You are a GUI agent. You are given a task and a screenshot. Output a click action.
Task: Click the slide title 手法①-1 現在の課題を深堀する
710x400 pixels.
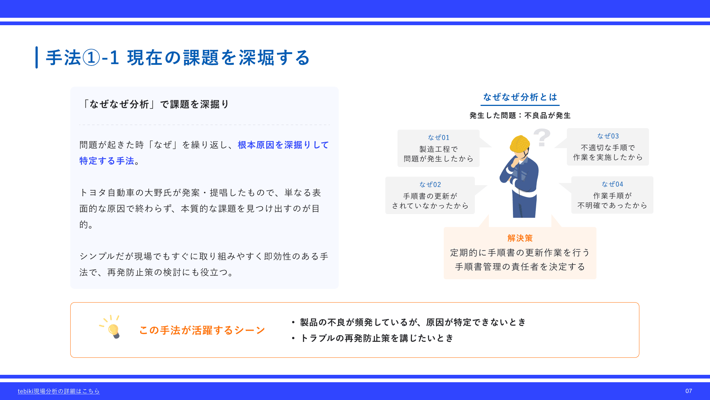point(178,58)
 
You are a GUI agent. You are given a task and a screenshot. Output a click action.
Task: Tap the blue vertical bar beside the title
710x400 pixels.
point(37,57)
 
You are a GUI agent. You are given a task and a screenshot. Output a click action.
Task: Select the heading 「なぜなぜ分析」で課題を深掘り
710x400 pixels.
point(155,104)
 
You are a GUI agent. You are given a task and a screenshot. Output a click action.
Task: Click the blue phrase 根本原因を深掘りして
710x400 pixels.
point(283,145)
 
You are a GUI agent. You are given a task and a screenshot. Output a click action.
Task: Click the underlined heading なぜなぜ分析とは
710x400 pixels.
point(520,97)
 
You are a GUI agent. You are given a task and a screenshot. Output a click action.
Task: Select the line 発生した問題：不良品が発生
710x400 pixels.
point(520,116)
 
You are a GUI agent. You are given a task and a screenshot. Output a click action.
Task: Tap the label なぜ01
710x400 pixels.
point(439,137)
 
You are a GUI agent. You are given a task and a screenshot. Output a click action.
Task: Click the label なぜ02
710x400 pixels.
point(430,184)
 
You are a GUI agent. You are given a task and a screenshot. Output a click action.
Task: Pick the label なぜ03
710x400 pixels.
point(608,136)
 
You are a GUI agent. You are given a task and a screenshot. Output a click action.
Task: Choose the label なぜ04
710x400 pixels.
point(612,184)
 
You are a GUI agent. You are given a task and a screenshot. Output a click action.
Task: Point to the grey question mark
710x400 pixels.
point(542,137)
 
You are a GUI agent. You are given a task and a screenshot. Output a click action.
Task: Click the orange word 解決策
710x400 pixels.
point(520,238)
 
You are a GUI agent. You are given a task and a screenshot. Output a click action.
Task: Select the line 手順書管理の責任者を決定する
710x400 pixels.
point(520,267)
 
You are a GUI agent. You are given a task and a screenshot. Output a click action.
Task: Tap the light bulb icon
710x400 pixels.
point(111,327)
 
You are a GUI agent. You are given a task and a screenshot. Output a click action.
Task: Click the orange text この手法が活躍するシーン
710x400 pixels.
point(202,330)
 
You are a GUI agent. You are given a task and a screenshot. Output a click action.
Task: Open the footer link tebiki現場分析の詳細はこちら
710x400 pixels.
point(59,391)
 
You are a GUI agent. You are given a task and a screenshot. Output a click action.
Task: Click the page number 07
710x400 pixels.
point(689,391)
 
